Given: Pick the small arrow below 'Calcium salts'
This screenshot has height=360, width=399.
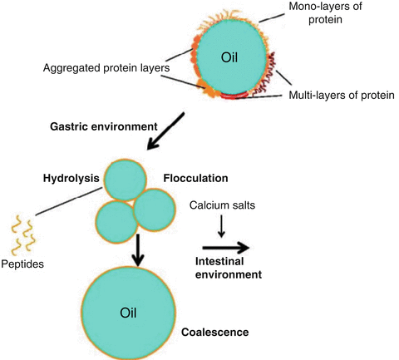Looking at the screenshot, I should pyautogui.click(x=220, y=224).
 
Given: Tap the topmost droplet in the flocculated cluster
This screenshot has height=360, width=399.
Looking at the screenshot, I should pyautogui.click(x=126, y=182).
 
